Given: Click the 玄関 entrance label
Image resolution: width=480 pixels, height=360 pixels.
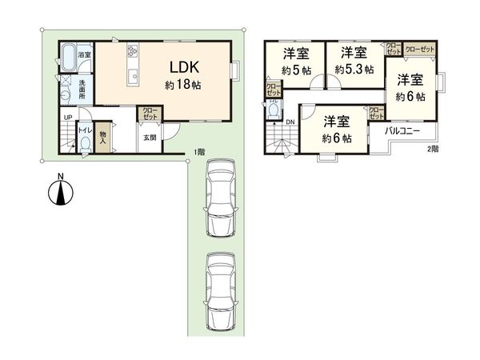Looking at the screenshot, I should point(150,138).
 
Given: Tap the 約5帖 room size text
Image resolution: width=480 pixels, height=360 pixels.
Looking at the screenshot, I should point(296,70).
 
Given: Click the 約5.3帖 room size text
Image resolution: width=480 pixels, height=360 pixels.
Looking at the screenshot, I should point(354,70).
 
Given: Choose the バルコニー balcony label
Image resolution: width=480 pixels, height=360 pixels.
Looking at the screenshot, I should point(403,129).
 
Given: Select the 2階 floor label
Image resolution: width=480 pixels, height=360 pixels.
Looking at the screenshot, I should point(431,149).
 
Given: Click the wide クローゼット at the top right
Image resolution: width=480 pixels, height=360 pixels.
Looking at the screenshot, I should point(420,49).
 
